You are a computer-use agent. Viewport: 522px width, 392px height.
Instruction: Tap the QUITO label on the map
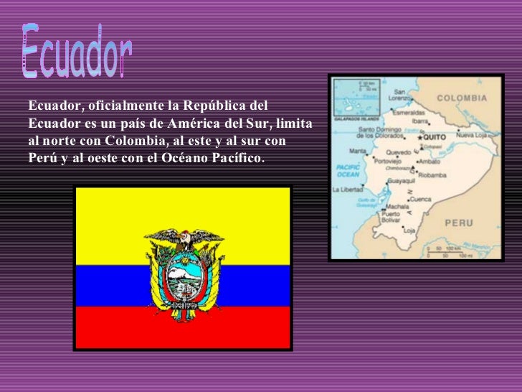coord(435,136)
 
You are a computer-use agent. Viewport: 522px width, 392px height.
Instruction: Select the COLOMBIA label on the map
coord(462,98)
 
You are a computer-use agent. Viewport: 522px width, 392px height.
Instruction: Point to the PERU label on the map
coord(459,223)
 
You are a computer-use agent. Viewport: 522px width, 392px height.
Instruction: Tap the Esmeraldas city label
coord(409,113)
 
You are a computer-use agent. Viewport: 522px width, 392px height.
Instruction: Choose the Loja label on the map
coord(409,230)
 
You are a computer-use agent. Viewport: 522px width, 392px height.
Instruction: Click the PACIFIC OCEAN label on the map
coord(348,171)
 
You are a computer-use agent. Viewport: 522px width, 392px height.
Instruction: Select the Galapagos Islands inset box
coord(357,98)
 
